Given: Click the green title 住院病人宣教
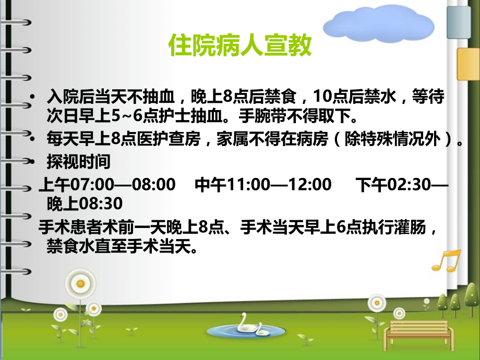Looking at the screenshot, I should pos(240,46).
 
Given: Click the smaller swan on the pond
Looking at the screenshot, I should pos(264,331).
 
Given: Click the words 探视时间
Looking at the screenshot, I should pos(79,162).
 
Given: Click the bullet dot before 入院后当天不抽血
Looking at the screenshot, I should pos(34,98).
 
